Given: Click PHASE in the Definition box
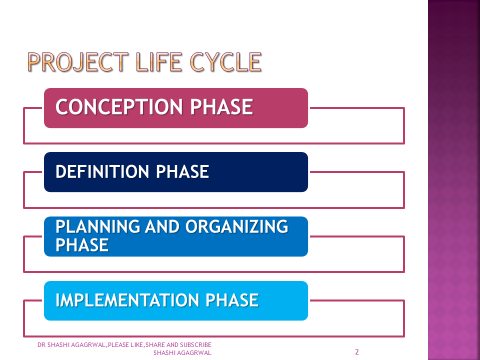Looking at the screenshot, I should point(182,172).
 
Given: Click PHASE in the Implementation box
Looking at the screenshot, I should point(232,299).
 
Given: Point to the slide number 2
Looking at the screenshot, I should point(356,353).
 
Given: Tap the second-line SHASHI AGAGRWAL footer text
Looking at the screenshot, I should point(183,353).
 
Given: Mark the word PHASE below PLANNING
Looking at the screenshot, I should point(83,244).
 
